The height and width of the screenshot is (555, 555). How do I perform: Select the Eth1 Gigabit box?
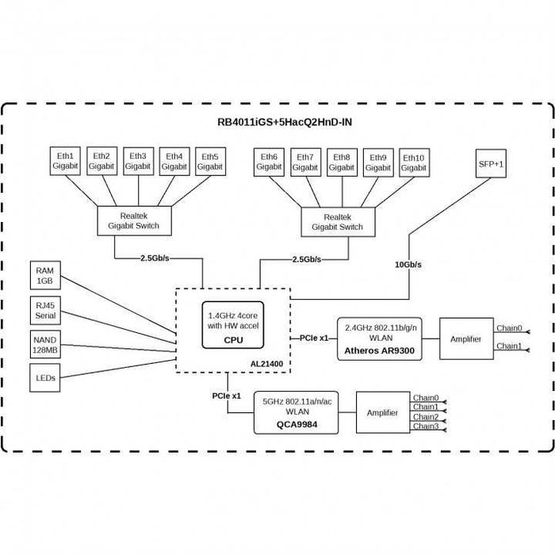pyautogui.click(x=66, y=161)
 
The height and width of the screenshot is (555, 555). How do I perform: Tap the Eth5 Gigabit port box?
pyautogui.click(x=210, y=161)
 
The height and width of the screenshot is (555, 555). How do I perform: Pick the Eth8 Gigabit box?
pyautogui.click(x=341, y=162)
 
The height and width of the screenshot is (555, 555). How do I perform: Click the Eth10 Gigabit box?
pyautogui.click(x=413, y=163)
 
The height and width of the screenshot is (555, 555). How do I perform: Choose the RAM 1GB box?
pyautogui.click(x=44, y=275)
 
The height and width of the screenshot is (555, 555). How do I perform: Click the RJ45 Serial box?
pyautogui.click(x=44, y=311)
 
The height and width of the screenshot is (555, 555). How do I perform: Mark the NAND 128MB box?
pyautogui.click(x=44, y=345)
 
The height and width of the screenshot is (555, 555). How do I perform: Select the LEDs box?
pyautogui.click(x=44, y=378)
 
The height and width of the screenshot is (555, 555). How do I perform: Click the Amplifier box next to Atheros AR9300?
pyautogui.click(x=465, y=339)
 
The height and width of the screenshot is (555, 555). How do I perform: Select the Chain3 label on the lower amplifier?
pyautogui.click(x=426, y=427)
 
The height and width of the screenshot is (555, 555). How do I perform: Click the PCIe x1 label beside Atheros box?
pyautogui.click(x=314, y=338)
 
